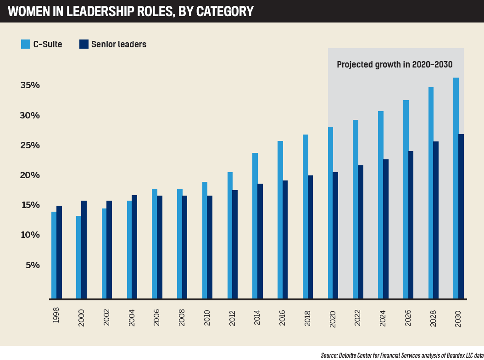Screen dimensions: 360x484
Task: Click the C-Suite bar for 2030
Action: pyautogui.click(x=456, y=188)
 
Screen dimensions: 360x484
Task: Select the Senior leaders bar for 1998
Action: pyautogui.click(x=59, y=252)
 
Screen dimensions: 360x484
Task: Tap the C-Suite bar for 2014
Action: pyautogui.click(x=255, y=225)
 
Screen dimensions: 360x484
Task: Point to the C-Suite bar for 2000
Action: pyautogui.click(x=79, y=257)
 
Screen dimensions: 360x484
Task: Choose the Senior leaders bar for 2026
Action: pyautogui.click(x=411, y=225)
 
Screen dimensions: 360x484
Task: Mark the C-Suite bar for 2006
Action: pyautogui.click(x=155, y=243)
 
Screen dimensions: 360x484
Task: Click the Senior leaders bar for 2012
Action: pyautogui.click(x=235, y=244)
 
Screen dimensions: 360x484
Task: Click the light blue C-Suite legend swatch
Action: pyautogui.click(x=26, y=44)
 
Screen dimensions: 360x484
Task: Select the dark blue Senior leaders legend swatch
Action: pyautogui.click(x=84, y=44)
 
